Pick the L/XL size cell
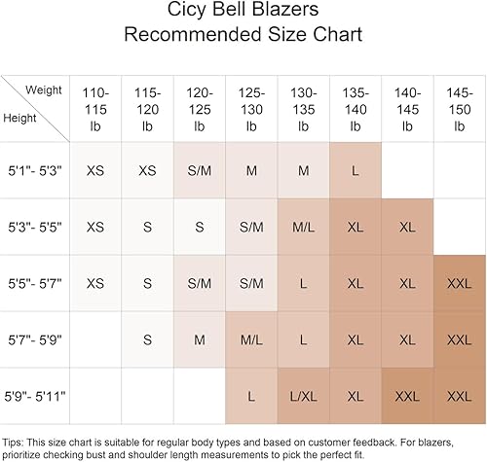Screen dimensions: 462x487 tap(303, 396)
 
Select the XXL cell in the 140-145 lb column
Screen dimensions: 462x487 tap(406, 396)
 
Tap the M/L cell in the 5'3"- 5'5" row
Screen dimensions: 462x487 tap(303, 227)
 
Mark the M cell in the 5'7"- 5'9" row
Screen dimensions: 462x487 tap(199, 339)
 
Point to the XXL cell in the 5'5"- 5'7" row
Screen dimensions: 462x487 tap(458, 283)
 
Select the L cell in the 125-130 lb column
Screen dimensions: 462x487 tap(251, 396)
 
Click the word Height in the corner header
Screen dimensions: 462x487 tap(21, 118)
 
